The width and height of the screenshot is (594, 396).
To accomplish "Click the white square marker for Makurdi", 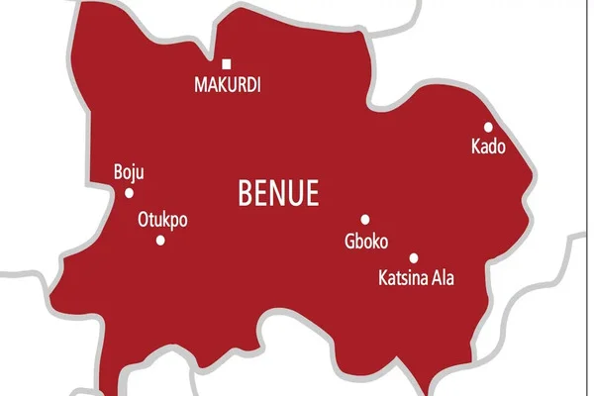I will pyautogui.click(x=227, y=64).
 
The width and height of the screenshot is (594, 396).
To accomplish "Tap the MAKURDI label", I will pyautogui.click(x=227, y=86).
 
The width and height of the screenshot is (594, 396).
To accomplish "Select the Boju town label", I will pyautogui.click(x=130, y=172).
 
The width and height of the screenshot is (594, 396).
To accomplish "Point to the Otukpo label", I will pyautogui.click(x=161, y=220).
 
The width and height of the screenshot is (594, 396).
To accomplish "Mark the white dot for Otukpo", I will pyautogui.click(x=160, y=240).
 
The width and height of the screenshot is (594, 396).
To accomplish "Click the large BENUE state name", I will pyautogui.click(x=279, y=193).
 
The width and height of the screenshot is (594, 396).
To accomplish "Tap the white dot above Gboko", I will pyautogui.click(x=364, y=220).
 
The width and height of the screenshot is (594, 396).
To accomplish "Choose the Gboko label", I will pyautogui.click(x=366, y=241).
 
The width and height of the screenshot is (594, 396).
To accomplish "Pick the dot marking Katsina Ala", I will pyautogui.click(x=414, y=257).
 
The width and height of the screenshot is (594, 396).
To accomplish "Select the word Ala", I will pyautogui.click(x=442, y=278).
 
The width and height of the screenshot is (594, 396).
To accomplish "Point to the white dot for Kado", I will pyautogui.click(x=488, y=127).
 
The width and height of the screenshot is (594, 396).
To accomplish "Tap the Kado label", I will pyautogui.click(x=488, y=148).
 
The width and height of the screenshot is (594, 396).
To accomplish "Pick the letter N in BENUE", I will pyautogui.click(x=279, y=193).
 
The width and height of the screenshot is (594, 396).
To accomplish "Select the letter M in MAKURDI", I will pyautogui.click(x=198, y=86).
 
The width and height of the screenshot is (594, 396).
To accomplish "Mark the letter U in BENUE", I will pyautogui.click(x=296, y=193).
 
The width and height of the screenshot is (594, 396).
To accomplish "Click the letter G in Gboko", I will pyautogui.click(x=349, y=241).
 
